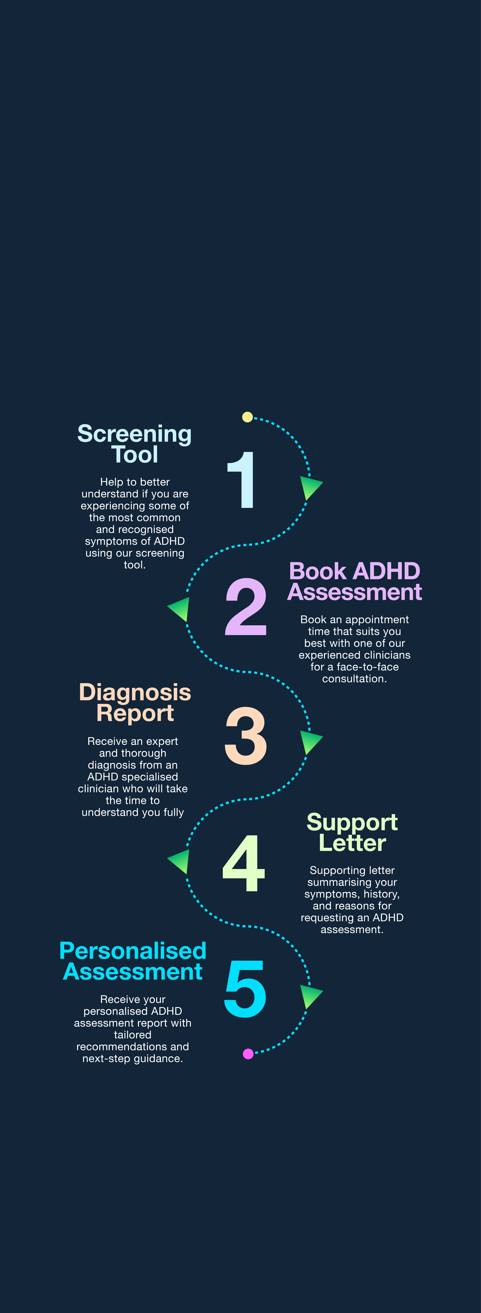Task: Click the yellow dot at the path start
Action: [247, 417]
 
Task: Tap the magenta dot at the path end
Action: [248, 1053]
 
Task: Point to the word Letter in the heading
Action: [352, 843]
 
